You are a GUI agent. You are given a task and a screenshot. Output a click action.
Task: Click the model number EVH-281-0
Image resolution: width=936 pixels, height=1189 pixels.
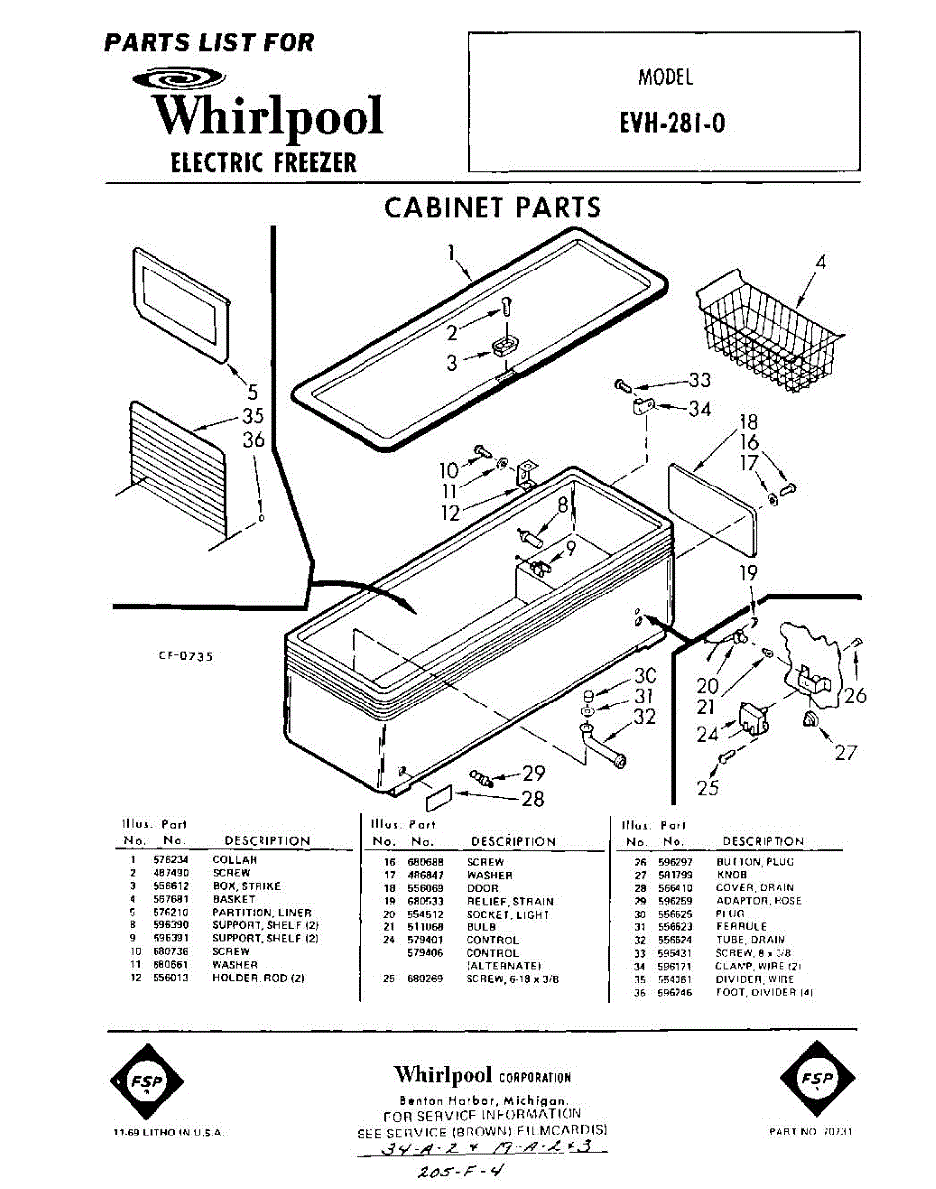[x=673, y=126]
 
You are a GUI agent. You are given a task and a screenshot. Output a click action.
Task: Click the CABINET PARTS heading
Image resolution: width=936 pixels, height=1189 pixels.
[x=492, y=207]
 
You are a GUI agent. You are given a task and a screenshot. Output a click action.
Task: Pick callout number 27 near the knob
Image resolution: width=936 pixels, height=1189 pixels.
[x=845, y=752]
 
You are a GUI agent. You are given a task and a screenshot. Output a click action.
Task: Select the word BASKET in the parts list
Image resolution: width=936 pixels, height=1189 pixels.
[x=234, y=899]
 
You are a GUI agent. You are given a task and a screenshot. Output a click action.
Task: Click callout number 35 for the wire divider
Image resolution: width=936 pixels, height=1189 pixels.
[x=254, y=416]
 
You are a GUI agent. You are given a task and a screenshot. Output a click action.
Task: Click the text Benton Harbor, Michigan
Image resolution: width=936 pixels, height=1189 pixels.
[x=482, y=1101]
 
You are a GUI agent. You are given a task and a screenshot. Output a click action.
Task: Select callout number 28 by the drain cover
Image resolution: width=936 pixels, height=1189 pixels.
[x=532, y=800]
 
